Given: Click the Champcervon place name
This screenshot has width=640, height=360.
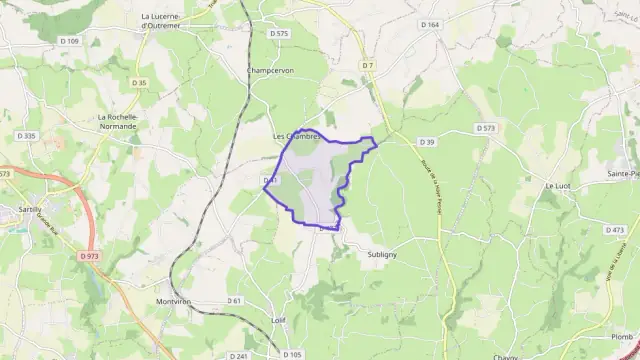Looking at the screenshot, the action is click(271, 70).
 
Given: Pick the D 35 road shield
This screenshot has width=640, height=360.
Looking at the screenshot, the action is click(138, 82).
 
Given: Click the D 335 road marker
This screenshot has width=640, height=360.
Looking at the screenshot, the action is click(27, 135).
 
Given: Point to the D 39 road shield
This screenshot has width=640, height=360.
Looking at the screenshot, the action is click(427, 142).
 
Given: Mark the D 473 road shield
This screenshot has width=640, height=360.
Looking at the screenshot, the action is click(614, 229).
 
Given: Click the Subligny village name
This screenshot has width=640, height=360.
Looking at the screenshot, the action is click(375, 254).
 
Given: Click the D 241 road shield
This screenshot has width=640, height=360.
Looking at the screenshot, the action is click(238, 355).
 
